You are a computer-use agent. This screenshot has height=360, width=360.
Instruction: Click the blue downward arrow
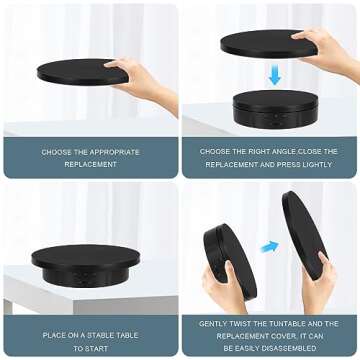tap(273, 75)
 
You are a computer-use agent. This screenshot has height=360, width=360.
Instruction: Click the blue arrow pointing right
tap(268, 246)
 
